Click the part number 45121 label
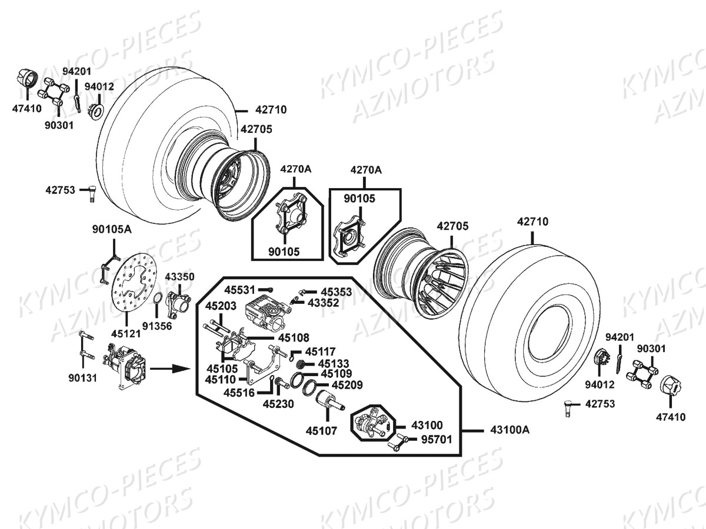126,334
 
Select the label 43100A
510,430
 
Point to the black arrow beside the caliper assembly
170,369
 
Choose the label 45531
239,290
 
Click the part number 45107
321,431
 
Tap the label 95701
437,440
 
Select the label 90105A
112,229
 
